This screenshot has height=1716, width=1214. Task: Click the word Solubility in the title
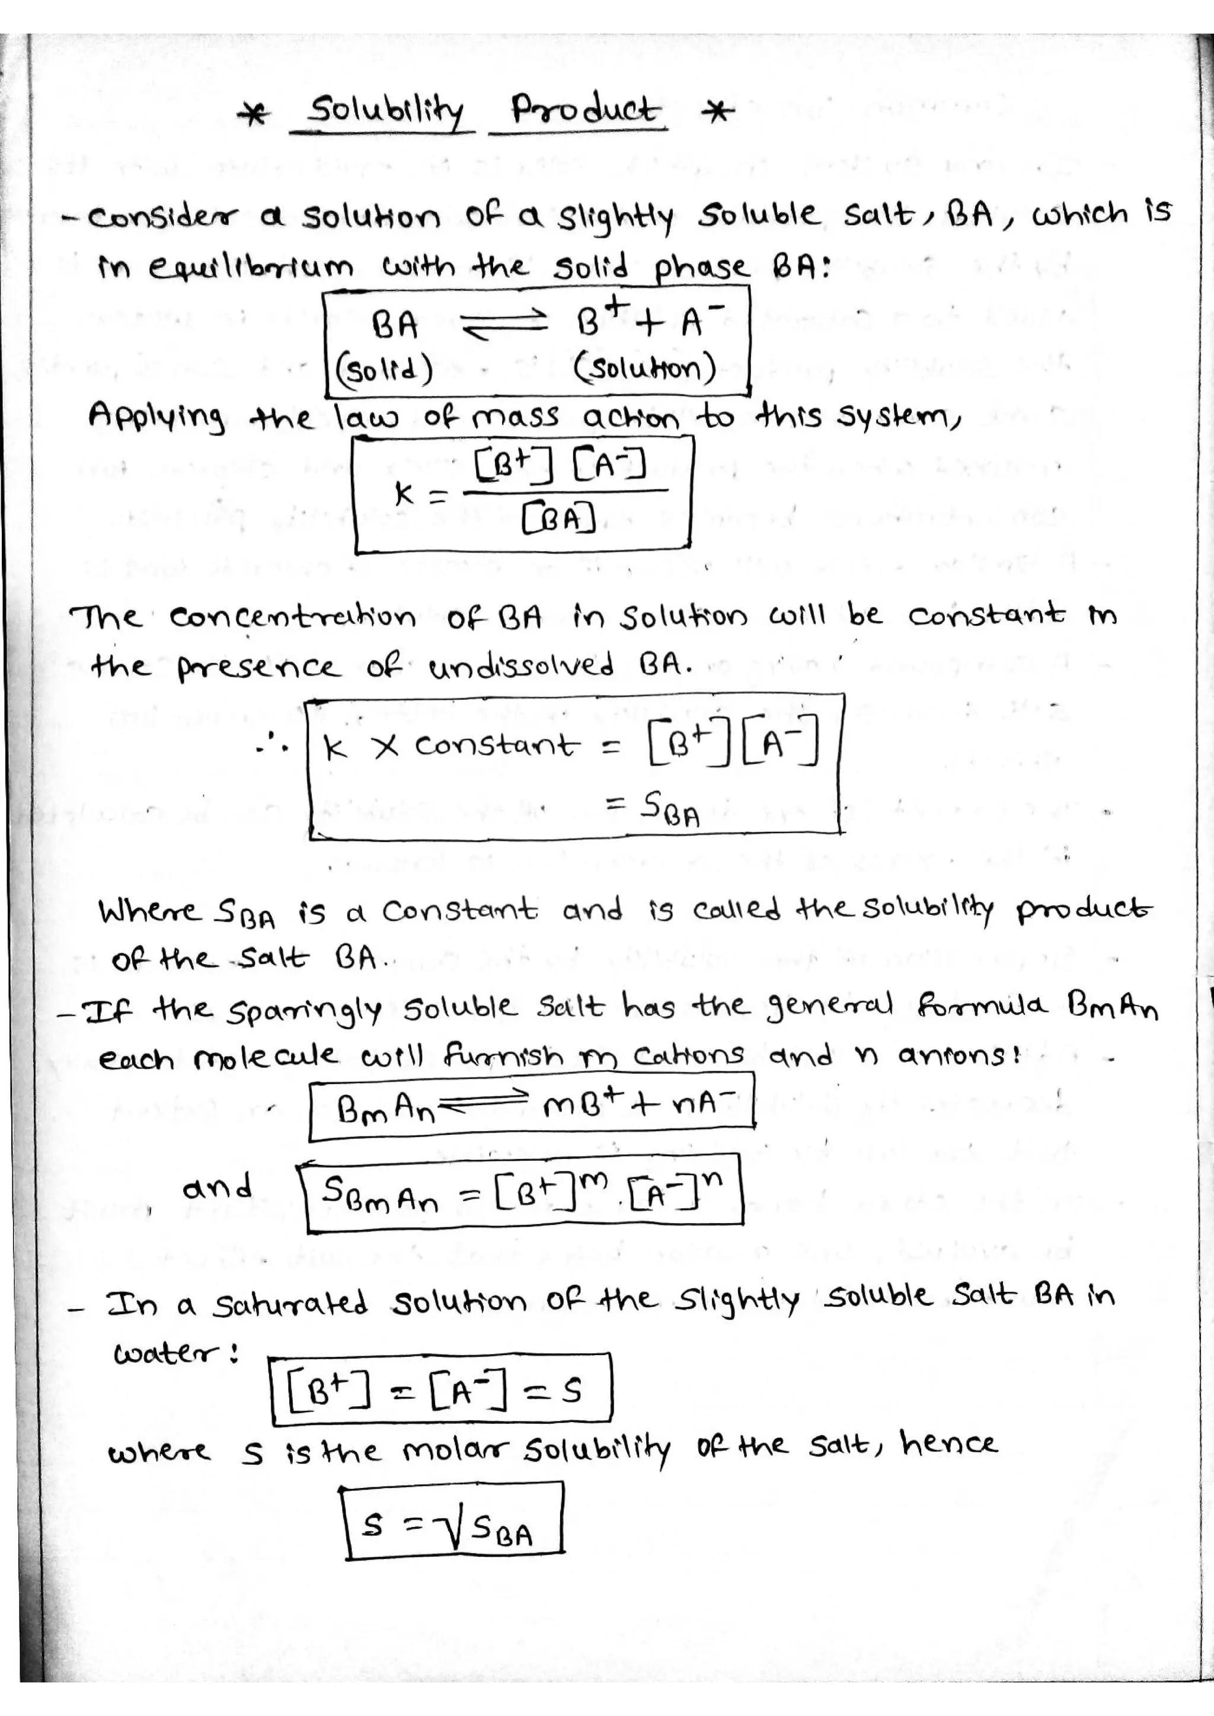[x=386, y=112]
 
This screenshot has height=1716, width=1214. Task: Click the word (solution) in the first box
[x=645, y=369]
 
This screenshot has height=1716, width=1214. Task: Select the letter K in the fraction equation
[x=404, y=493]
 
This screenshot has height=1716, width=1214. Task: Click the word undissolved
[x=522, y=665]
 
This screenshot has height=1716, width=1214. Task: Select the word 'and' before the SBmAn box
[x=218, y=1186]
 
